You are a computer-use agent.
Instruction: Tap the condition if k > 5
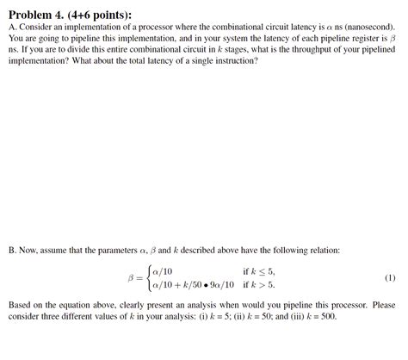(x=258, y=284)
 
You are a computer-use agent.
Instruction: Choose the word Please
(x=384, y=305)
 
